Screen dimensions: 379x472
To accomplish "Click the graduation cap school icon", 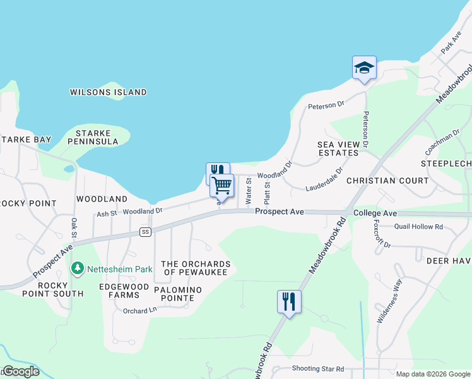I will tap(364, 68).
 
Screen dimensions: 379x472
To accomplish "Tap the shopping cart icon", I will tap(222, 185).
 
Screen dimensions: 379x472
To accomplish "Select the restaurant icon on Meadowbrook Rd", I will tap(289, 301).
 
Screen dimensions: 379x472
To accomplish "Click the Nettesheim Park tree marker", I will tap(78, 269).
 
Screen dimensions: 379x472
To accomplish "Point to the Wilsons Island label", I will tap(108, 92).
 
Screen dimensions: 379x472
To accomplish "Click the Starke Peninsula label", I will tap(97, 138).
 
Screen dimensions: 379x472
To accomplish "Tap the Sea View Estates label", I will tap(338, 149).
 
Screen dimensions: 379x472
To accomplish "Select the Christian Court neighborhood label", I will tap(387, 181).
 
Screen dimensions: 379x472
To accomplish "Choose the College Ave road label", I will tap(375, 214).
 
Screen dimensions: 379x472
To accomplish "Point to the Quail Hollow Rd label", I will tap(418, 227).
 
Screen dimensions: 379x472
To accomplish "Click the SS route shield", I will tap(146, 232).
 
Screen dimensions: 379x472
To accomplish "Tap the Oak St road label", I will tap(74, 228).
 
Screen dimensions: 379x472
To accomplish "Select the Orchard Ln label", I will tap(139, 311).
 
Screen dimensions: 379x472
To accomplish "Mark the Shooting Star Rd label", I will tap(318, 368).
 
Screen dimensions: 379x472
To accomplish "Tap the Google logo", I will tap(21, 371).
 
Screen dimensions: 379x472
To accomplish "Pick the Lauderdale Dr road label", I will tap(324, 179).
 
